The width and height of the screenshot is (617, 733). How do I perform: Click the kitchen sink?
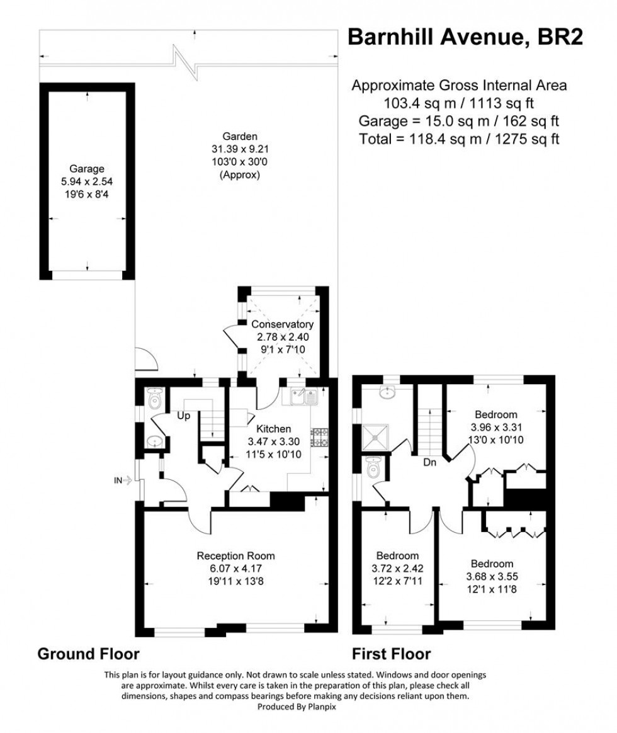coord(305,397)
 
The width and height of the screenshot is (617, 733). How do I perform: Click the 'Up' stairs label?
coord(184,416)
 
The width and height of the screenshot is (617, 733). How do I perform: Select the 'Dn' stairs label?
coord(430,462)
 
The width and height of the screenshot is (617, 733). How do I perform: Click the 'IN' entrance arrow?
coord(121,480)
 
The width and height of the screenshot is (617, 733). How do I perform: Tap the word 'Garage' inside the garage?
coord(87,168)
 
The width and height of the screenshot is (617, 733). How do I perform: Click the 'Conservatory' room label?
coord(282,324)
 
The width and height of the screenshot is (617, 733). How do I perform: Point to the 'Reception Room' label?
coord(236,555)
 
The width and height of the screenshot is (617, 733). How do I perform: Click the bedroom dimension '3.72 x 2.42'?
coord(397,568)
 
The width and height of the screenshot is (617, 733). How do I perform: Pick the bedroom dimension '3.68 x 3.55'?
coord(489,576)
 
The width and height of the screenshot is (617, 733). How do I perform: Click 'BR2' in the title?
coord(560,37)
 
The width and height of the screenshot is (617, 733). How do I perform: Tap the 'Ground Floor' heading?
coord(89,653)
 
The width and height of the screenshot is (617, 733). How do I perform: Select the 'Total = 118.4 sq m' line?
coord(459,139)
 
